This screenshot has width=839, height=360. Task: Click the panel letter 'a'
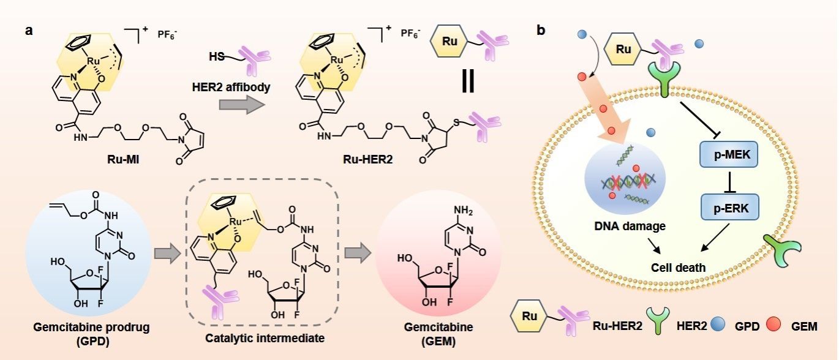coord(29,30)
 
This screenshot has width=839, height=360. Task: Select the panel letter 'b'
coord(541,30)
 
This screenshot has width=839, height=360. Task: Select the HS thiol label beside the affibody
coord(216,56)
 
